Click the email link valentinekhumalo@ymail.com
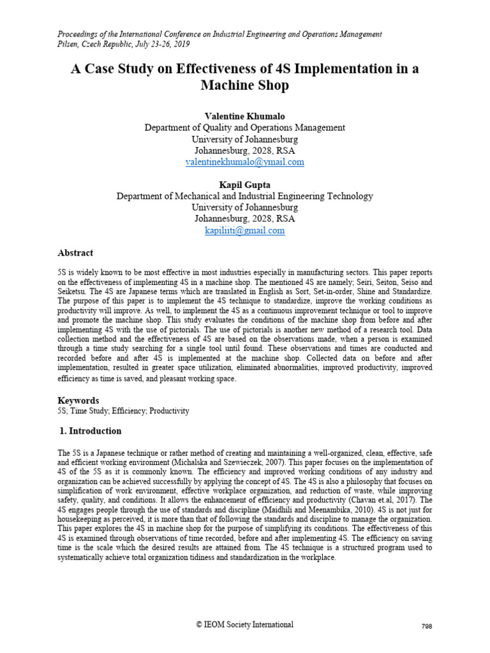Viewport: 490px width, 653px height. [x=244, y=162]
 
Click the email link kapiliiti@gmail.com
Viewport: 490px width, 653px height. [x=244, y=230]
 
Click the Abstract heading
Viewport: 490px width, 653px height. [x=75, y=253]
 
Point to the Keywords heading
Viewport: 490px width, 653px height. [x=78, y=400]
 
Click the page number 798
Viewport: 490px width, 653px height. [x=427, y=627]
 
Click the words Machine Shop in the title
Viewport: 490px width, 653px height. [x=244, y=85]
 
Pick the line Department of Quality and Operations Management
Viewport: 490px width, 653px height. [x=244, y=128]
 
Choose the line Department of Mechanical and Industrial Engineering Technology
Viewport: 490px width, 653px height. [x=244, y=196]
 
